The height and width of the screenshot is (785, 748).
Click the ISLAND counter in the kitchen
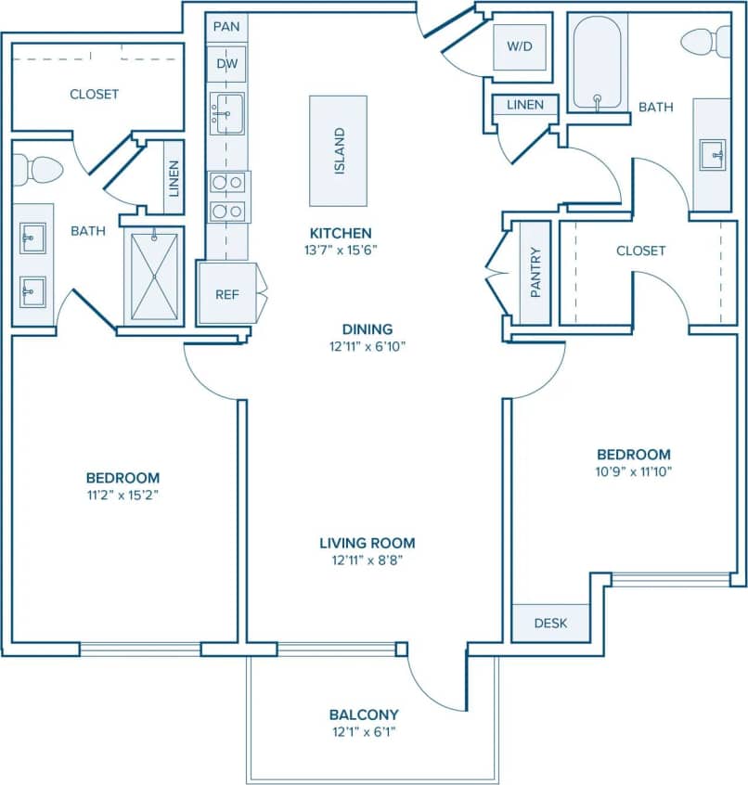338,151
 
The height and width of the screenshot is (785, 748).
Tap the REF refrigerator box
227,294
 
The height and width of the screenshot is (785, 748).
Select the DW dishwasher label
226,63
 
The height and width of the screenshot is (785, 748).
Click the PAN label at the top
226,26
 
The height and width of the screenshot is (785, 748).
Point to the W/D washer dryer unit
519,45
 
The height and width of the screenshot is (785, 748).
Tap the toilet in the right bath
705,42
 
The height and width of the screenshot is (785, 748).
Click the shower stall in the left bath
154,276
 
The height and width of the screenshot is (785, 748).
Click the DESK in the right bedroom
550,623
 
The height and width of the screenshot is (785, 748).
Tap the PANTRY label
535,272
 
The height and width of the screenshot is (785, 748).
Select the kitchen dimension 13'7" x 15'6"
341,249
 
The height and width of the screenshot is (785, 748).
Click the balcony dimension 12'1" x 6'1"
364,732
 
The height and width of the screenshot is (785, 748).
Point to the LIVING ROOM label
367,543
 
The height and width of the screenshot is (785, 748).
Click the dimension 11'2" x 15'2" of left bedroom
123,495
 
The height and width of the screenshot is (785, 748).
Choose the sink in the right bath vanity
712,153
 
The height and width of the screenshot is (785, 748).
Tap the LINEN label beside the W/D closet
525,105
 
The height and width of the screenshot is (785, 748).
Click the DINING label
367,328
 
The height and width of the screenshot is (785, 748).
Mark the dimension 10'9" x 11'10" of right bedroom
633,471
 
